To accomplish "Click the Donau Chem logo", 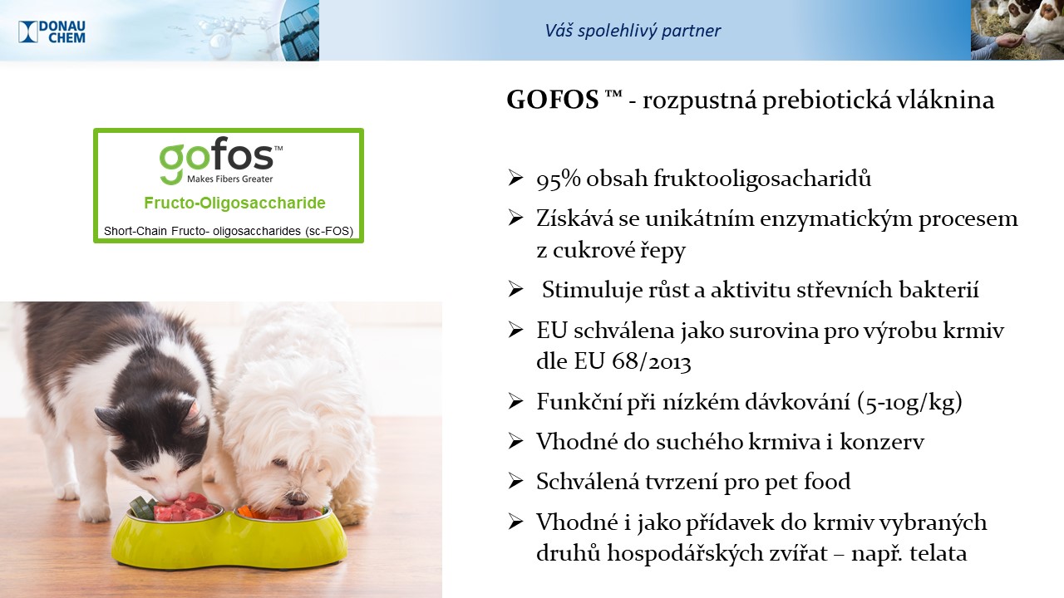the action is pyautogui.click(x=52, y=32).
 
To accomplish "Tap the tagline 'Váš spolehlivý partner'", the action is pyautogui.click(x=633, y=31).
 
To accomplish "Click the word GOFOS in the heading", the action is pyautogui.click(x=553, y=100).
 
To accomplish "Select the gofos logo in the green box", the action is pyautogui.click(x=221, y=161).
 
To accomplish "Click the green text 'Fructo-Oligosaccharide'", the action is pyautogui.click(x=234, y=203).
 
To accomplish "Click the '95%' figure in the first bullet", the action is pyautogui.click(x=559, y=179).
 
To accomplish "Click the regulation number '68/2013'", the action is pyautogui.click(x=651, y=361).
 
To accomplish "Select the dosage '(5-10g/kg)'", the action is pyautogui.click(x=909, y=403).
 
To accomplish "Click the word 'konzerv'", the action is pyautogui.click(x=882, y=442).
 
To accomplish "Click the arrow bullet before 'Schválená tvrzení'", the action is pyautogui.click(x=515, y=481).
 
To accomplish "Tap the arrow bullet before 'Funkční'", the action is pyautogui.click(x=515, y=401).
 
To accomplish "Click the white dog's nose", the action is pyautogui.click(x=298, y=498).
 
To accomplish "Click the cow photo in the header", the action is pyautogui.click(x=1017, y=30).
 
